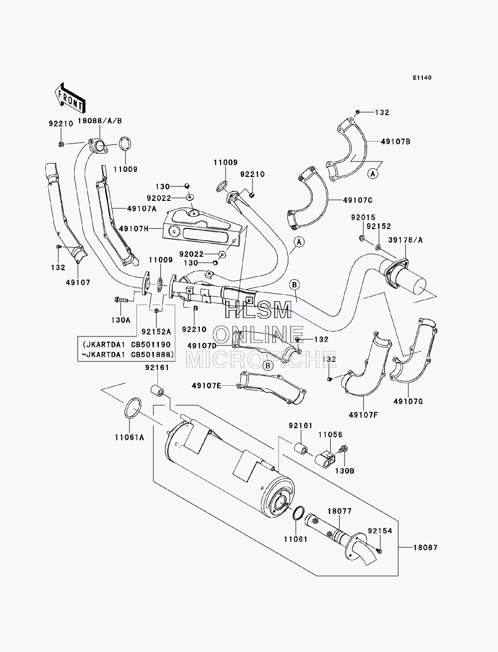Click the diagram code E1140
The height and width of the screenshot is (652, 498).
click(422, 78)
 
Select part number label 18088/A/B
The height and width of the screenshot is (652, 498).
click(100, 121)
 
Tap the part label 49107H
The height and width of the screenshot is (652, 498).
click(133, 229)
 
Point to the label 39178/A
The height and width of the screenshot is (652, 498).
click(405, 240)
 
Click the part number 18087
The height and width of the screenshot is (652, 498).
click(425, 547)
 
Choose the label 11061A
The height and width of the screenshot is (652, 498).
click(129, 437)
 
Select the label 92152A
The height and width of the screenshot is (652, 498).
click(156, 331)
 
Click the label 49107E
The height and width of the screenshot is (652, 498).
click(207, 385)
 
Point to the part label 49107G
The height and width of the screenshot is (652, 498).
click(408, 402)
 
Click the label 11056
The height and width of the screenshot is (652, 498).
click(331, 435)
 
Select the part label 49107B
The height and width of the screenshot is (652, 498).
click(395, 142)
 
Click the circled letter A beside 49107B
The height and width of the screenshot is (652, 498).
click(373, 173)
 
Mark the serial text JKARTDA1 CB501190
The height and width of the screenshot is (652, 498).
click(126, 344)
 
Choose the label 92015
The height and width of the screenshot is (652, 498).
click(363, 217)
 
